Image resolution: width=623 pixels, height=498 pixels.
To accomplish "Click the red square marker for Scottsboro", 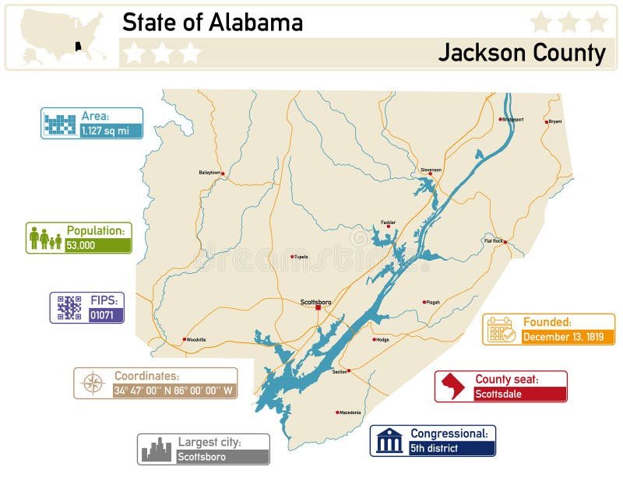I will coord(318,308).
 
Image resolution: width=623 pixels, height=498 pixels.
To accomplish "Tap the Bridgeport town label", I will coord(513,120).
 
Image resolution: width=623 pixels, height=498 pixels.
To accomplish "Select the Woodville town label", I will coord(196,339).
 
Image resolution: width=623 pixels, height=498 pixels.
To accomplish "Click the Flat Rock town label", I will coord(493,241).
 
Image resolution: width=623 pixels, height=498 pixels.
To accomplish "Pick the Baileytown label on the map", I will coord(209,172).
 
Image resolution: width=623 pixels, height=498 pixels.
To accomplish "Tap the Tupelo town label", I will coord(301,256).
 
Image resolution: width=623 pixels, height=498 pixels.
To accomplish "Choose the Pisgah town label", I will coord(432,302).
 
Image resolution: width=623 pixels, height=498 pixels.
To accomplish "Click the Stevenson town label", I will coord(431,170).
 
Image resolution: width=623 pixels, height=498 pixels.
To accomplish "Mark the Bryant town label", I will coord(554,121).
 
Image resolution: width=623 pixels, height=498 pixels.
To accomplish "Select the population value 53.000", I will coord(81,245).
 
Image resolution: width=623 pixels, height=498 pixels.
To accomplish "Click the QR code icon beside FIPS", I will coord(69,307).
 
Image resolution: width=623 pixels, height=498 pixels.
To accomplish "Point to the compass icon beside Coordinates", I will coord(93,383).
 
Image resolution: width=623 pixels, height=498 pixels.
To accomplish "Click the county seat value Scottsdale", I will coord(498,395).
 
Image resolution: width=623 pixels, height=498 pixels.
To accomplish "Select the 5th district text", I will coord(435,448).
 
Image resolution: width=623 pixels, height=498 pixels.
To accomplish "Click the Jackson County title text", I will coord(521,53).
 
